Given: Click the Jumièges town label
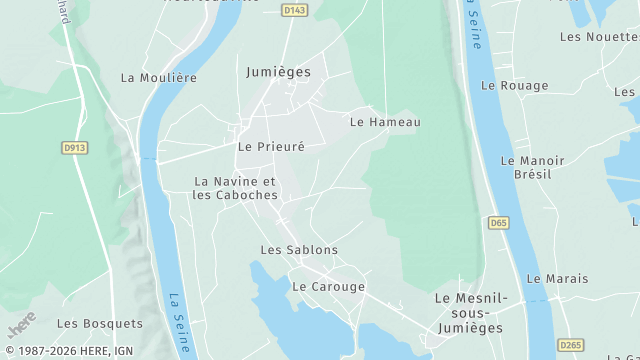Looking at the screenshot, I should (278, 72).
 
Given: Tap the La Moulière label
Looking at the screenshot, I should (158, 77).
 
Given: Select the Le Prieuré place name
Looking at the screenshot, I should (270, 146).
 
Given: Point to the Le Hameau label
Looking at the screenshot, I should (385, 122).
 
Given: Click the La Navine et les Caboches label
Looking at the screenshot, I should (235, 188).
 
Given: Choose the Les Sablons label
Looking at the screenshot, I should (299, 250).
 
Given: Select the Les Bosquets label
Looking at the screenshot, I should (100, 323).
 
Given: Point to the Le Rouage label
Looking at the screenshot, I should (514, 86).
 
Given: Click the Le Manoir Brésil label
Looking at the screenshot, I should (532, 167).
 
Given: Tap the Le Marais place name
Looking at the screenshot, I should (557, 279).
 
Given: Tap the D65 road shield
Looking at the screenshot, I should (499, 223).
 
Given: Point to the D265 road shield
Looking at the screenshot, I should (569, 345).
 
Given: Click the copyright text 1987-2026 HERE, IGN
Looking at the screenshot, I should (68, 351).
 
